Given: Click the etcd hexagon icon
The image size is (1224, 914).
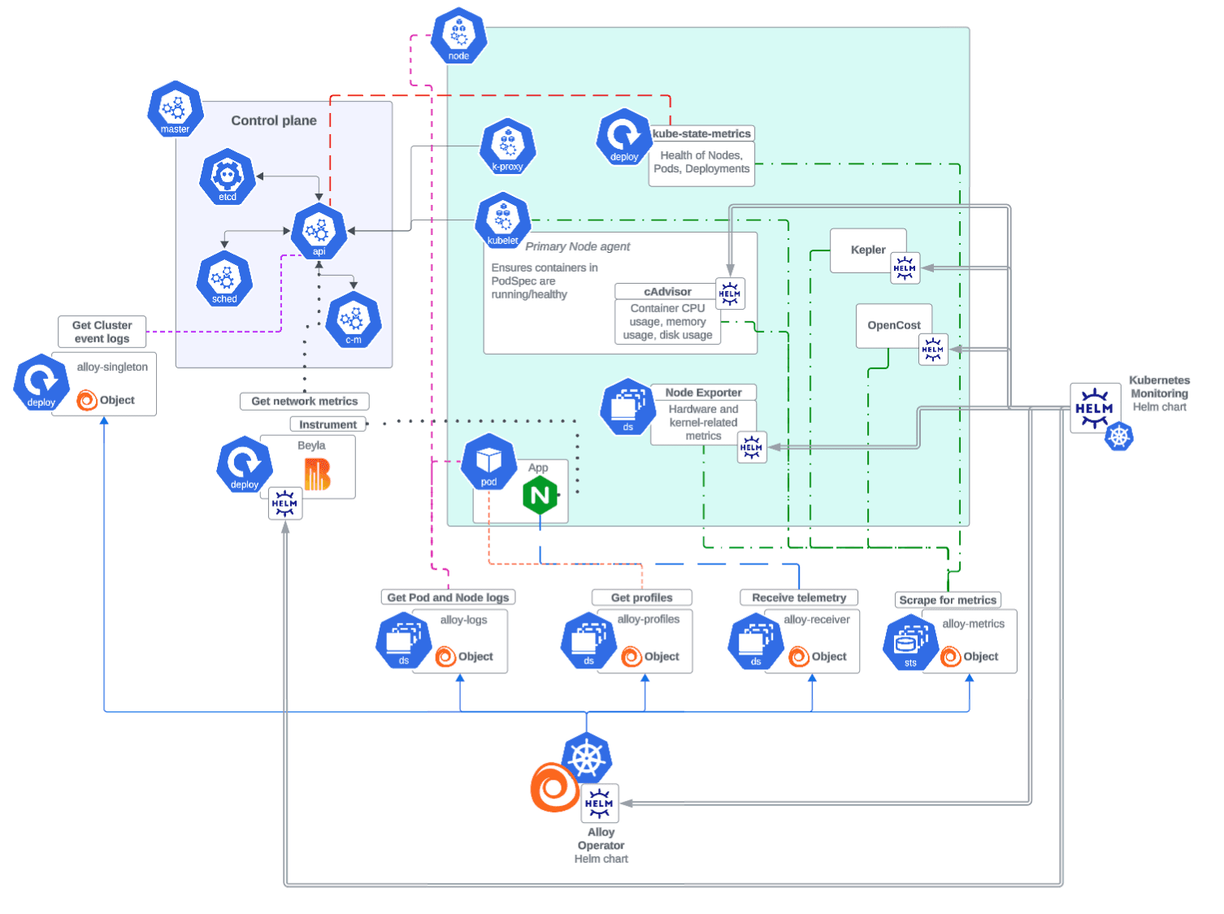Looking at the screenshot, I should tap(228, 176).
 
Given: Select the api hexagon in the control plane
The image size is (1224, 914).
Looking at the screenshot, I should tap(319, 232).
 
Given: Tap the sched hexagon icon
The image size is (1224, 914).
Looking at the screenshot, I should tap(224, 279).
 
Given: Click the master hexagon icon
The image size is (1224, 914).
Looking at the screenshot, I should tap(175, 109).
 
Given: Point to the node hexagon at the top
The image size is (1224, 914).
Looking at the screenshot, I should tap(458, 36).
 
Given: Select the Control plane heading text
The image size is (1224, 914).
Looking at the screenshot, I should tap(274, 120).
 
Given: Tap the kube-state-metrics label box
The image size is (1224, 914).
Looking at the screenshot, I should tap(701, 133).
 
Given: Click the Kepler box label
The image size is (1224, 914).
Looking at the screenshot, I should tap(868, 250).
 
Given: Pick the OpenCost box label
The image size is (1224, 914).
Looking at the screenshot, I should tap(894, 325).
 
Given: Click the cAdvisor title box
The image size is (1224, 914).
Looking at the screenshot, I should tap(667, 291).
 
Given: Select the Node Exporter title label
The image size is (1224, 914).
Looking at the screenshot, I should tap(703, 392).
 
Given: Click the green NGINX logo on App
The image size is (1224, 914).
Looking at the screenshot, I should tap(540, 495).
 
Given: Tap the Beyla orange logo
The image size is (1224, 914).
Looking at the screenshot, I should tap(317, 474).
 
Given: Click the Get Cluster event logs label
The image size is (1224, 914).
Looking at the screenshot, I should tap(102, 332).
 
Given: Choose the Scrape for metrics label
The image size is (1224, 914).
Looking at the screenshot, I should tap(948, 600).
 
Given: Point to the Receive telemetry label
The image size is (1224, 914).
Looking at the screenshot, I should tap(799, 598).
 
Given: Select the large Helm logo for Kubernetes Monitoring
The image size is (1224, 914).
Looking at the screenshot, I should tap(1094, 408).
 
